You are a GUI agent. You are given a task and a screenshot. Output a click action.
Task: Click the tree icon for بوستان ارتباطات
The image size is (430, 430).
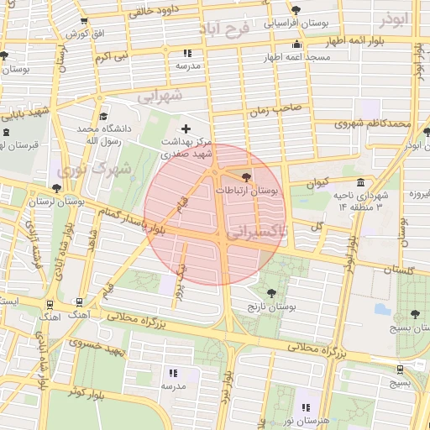click(x=246, y=177)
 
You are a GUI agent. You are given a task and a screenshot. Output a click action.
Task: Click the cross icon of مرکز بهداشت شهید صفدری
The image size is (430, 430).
click(x=186, y=128)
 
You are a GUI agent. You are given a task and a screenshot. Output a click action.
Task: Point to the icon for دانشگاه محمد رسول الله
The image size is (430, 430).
click(x=103, y=117)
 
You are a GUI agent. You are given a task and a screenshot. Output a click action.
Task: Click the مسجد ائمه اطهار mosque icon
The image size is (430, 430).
click(x=295, y=45)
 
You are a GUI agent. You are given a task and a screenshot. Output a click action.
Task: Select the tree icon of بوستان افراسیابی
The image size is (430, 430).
click(x=296, y=10)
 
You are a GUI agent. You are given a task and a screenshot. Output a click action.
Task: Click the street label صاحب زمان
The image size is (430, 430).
click(x=274, y=110)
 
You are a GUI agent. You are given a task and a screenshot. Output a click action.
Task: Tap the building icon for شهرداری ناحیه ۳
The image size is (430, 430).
click(x=360, y=182)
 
